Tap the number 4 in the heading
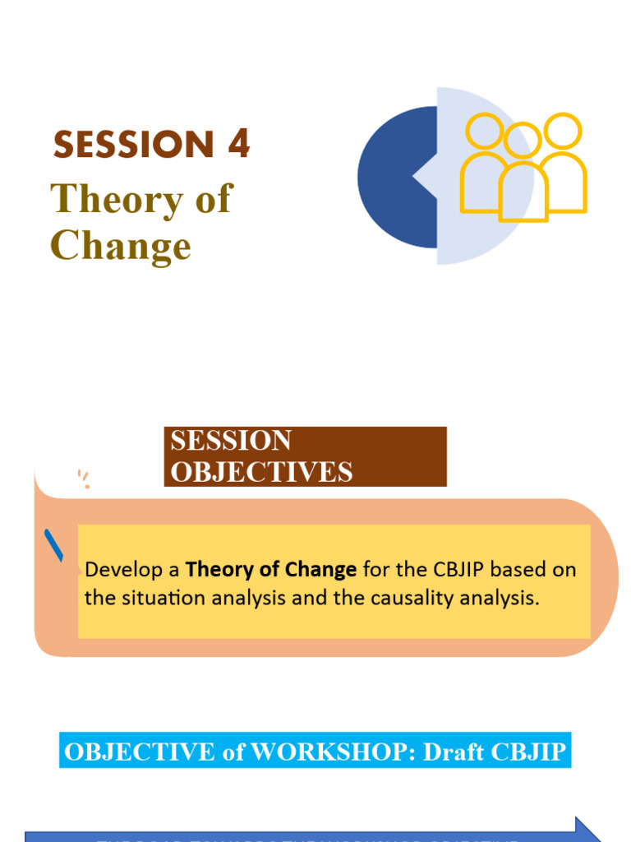click(x=238, y=145)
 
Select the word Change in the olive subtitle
click(x=121, y=246)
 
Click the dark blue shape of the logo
click(x=394, y=177)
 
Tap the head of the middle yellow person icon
click(x=522, y=141)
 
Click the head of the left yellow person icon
click(x=484, y=132)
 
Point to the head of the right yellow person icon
click(x=563, y=131)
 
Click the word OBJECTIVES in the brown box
click(x=261, y=472)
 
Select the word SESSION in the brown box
click(x=231, y=441)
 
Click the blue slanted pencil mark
click(x=56, y=545)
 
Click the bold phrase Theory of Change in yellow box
click(x=271, y=569)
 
